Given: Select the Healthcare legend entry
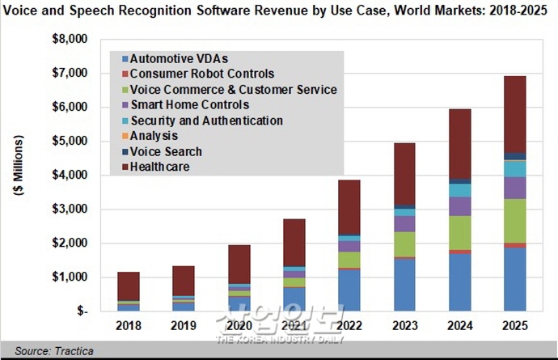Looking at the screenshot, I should click(x=159, y=167).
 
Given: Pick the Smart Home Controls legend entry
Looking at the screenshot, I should click(x=189, y=105).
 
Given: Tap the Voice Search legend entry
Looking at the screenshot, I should click(x=166, y=151).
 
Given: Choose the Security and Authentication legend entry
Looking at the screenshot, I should click(x=206, y=121).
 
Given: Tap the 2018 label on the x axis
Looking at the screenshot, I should click(x=129, y=326).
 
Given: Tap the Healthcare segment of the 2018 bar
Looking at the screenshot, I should click(x=129, y=286).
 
